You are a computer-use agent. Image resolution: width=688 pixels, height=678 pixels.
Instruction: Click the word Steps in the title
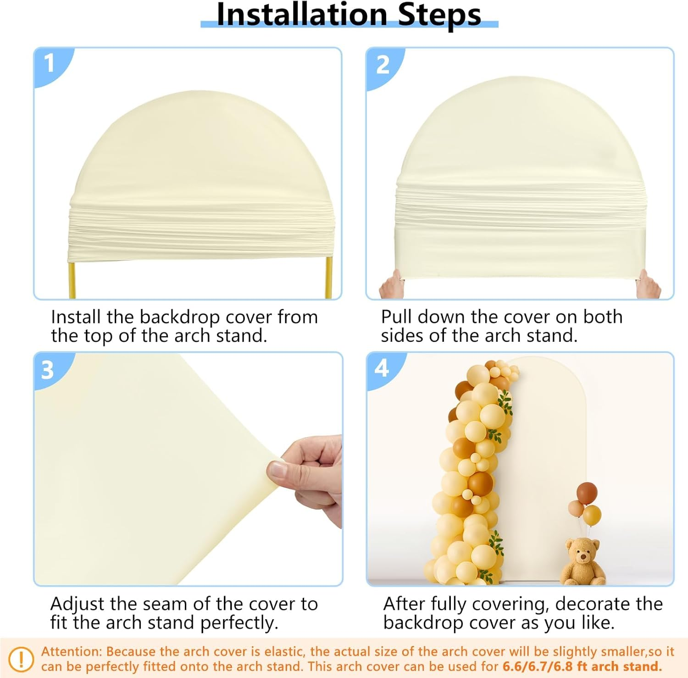click(x=439, y=15)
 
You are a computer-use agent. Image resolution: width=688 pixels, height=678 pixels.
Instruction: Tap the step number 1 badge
click(x=50, y=63)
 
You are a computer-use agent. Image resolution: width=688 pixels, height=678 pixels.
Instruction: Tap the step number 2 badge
click(x=383, y=65)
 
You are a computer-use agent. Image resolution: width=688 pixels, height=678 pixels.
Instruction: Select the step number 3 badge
click(x=48, y=370)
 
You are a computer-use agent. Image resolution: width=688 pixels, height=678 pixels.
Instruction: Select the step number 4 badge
click(x=382, y=368)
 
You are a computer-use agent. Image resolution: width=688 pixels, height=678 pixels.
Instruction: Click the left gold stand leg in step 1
click(x=72, y=280)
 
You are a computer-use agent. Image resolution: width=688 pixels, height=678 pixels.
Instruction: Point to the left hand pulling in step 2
click(x=392, y=285)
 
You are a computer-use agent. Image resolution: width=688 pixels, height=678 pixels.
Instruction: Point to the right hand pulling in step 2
click(x=648, y=285)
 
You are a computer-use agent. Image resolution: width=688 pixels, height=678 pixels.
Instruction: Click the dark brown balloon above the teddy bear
click(x=587, y=493)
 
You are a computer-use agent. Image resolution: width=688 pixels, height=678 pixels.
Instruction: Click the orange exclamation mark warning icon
click(x=21, y=659)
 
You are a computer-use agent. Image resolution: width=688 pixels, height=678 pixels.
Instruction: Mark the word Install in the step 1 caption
click(x=76, y=317)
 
